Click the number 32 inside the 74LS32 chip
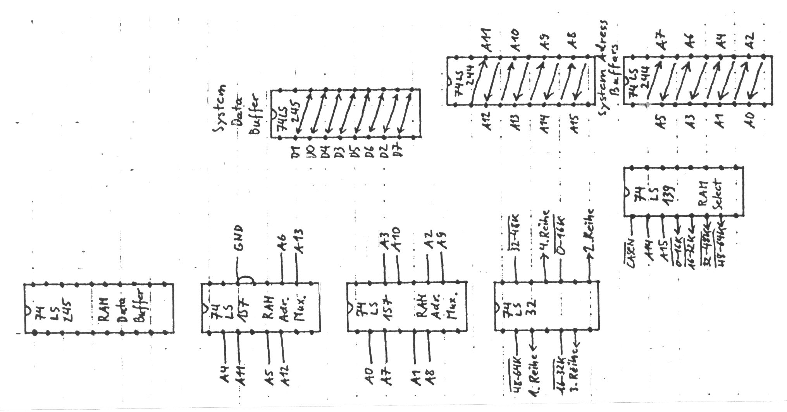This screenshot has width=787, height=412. click(531, 307)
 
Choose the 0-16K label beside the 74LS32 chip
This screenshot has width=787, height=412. click(560, 237)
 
